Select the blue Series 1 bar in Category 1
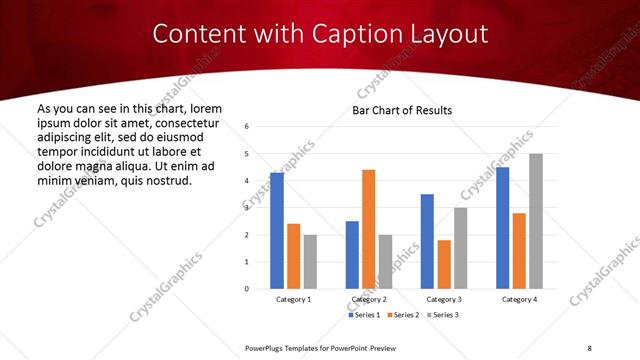tap(277, 230)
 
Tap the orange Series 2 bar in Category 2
tap(369, 229)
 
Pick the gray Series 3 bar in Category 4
tap(536, 221)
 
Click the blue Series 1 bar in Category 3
tap(428, 241)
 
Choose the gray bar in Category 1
tap(310, 261)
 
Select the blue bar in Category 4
tap(503, 227)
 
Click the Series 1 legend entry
tap(365, 315)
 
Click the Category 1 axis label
tap(294, 299)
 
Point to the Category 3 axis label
tap(444, 299)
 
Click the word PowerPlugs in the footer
tap(267, 347)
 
